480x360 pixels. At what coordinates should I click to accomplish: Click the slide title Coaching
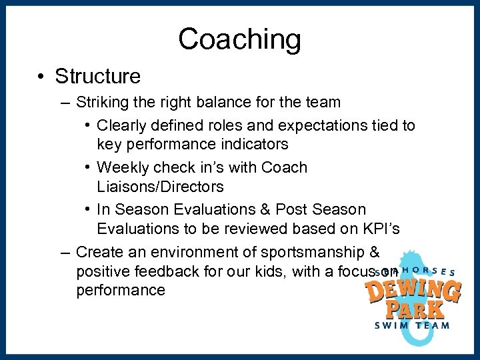tap(239, 39)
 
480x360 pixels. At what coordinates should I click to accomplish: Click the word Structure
tap(97, 76)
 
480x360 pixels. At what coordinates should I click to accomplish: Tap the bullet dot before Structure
tap(41, 77)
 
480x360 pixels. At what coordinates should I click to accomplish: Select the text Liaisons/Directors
tap(160, 186)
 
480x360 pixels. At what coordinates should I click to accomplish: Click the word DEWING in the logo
tap(413, 291)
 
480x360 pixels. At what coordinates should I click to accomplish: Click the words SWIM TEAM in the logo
tap(411, 325)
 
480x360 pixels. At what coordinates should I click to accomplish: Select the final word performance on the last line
tap(121, 290)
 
